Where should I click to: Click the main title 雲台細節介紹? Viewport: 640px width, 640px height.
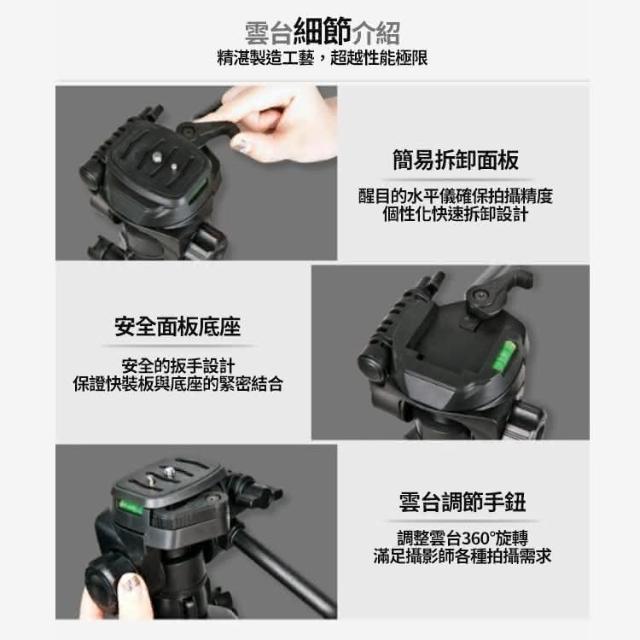pos(322,32)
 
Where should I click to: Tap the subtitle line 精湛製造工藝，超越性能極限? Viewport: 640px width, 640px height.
pos(322,58)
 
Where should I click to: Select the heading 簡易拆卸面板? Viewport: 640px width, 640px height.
pos(456,160)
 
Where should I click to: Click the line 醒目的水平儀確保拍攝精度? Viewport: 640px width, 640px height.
pos(456,196)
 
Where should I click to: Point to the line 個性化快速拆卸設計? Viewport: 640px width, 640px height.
pos(456,214)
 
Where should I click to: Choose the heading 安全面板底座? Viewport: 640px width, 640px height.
pos(178,326)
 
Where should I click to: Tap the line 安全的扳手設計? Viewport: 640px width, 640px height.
pos(178,366)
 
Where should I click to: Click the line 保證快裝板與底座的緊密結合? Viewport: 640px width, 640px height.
pos(178,384)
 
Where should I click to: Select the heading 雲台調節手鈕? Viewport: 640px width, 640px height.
pos(462,502)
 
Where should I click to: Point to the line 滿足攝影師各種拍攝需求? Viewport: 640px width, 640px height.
pos(462,556)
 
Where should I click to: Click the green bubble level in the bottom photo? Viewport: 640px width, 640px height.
pos(131,507)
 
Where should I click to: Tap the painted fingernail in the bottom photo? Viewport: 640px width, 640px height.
pos(131,584)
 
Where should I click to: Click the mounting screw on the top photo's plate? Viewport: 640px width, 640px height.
pos(157,156)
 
